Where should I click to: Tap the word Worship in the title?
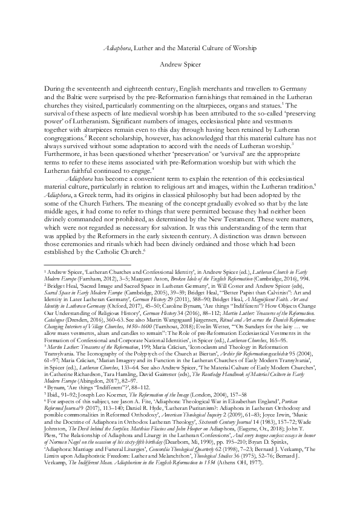click(242, 47)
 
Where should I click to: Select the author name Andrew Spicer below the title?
click(180, 62)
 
